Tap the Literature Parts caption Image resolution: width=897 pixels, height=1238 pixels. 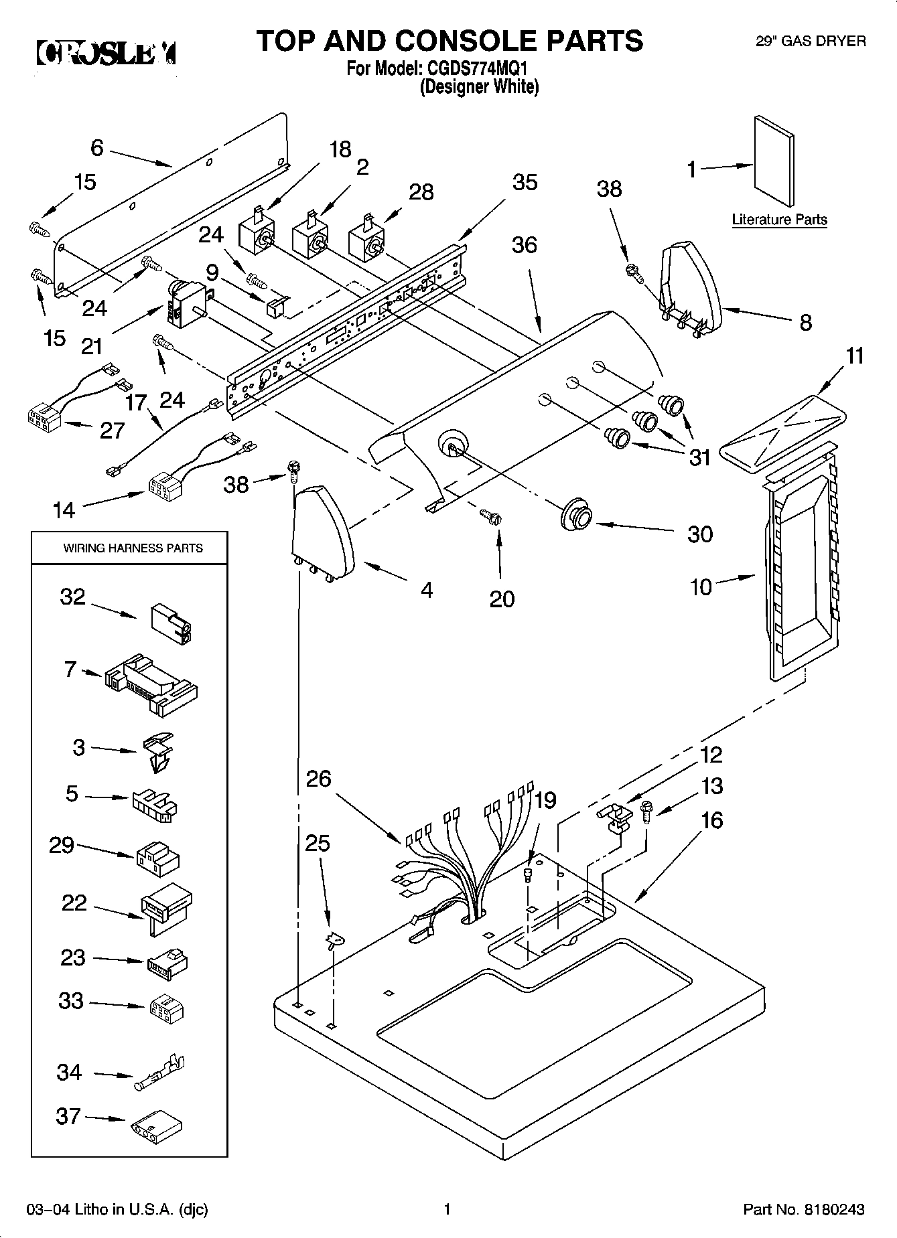pyautogui.click(x=779, y=220)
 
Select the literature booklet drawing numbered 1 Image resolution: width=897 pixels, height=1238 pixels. pyautogui.click(x=774, y=162)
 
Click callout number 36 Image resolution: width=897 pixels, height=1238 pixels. pyautogui.click(x=524, y=245)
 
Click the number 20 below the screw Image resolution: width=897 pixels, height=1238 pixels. pyautogui.click(x=502, y=598)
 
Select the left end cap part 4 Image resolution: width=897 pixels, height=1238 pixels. pyautogui.click(x=322, y=532)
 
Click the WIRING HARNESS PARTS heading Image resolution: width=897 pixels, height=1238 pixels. pyautogui.click(x=133, y=548)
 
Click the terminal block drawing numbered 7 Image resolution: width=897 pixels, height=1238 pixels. pyautogui.click(x=151, y=679)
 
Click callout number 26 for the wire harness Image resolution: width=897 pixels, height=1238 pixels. pyautogui.click(x=319, y=779)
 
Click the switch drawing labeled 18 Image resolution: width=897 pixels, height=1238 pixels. pyautogui.click(x=256, y=234)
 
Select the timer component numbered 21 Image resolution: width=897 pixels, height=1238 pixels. pyautogui.click(x=184, y=305)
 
